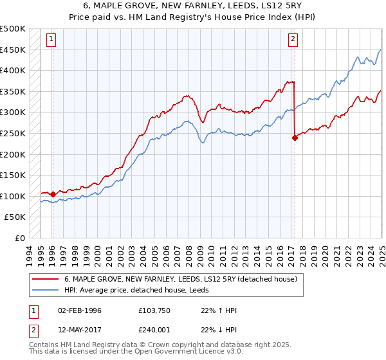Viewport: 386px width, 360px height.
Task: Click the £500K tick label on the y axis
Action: click(13, 29)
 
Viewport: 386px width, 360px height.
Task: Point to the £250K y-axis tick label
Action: click(13, 133)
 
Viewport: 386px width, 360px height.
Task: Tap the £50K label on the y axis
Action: click(15, 217)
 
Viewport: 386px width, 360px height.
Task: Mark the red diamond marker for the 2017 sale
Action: click(295, 137)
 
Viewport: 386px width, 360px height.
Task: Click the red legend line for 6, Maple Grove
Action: click(44, 279)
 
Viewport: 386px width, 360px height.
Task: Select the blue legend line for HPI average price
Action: click(44, 290)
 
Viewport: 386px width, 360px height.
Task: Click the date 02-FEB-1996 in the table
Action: click(80, 310)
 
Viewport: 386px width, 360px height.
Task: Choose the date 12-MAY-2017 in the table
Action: click(80, 330)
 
